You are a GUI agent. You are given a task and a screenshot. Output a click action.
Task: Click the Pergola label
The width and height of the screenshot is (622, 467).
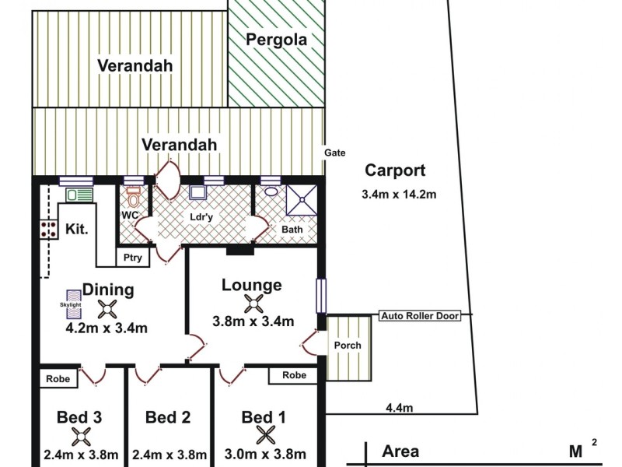coord(277,39)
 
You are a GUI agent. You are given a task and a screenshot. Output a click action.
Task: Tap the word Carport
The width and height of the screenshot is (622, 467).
coord(396,171)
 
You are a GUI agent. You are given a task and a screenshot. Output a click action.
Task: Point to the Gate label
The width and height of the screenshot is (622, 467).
coord(336,153)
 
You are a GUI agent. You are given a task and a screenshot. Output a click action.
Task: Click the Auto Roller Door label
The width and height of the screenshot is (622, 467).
coord(420,316)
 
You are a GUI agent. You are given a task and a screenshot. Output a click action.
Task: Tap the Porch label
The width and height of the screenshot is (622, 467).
coord(348,346)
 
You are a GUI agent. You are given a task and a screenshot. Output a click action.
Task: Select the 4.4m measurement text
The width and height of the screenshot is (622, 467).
coord(399,407)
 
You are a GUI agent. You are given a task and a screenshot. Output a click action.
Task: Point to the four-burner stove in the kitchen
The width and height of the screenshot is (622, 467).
coord(49,228)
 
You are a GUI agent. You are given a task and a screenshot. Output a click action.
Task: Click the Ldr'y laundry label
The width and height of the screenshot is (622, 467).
coord(201,217)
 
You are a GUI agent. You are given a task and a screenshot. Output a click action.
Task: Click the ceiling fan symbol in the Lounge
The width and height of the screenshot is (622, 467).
coord(253,303)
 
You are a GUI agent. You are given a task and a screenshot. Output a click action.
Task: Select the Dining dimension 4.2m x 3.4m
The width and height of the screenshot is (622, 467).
coord(107,328)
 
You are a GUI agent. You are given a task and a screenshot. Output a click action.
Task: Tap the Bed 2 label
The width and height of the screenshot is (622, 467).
coord(168,417)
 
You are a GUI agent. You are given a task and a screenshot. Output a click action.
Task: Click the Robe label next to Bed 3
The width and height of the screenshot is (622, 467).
coord(57,379)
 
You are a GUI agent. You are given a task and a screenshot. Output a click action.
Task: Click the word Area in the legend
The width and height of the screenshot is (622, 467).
coord(400,451)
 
